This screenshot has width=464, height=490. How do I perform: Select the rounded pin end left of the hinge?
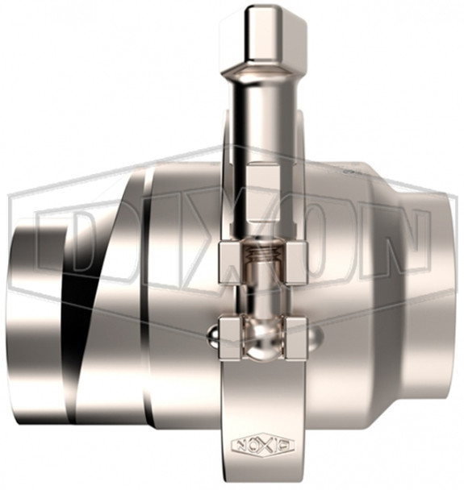click(211, 331)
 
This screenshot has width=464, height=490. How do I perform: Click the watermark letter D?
click(73, 242)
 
